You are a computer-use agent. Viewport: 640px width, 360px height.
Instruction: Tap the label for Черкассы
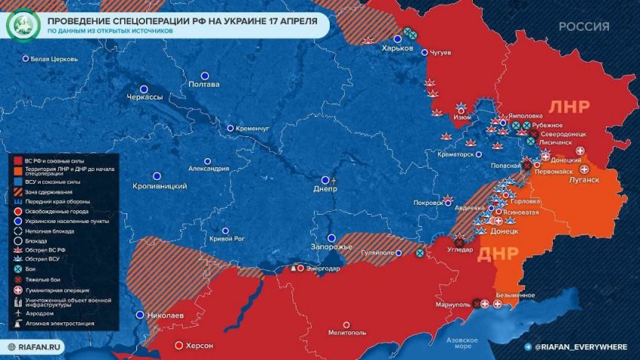pos(145,98)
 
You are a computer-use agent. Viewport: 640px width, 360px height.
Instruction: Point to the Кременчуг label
pos(252,129)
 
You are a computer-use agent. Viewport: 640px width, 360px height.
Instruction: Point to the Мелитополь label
pos(347,332)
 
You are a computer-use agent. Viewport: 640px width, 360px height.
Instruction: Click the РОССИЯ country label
pos(584,26)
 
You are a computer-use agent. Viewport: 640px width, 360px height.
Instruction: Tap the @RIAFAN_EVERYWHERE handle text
pos(581,346)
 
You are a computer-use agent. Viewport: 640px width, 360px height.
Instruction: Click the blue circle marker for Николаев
pos(140,314)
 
